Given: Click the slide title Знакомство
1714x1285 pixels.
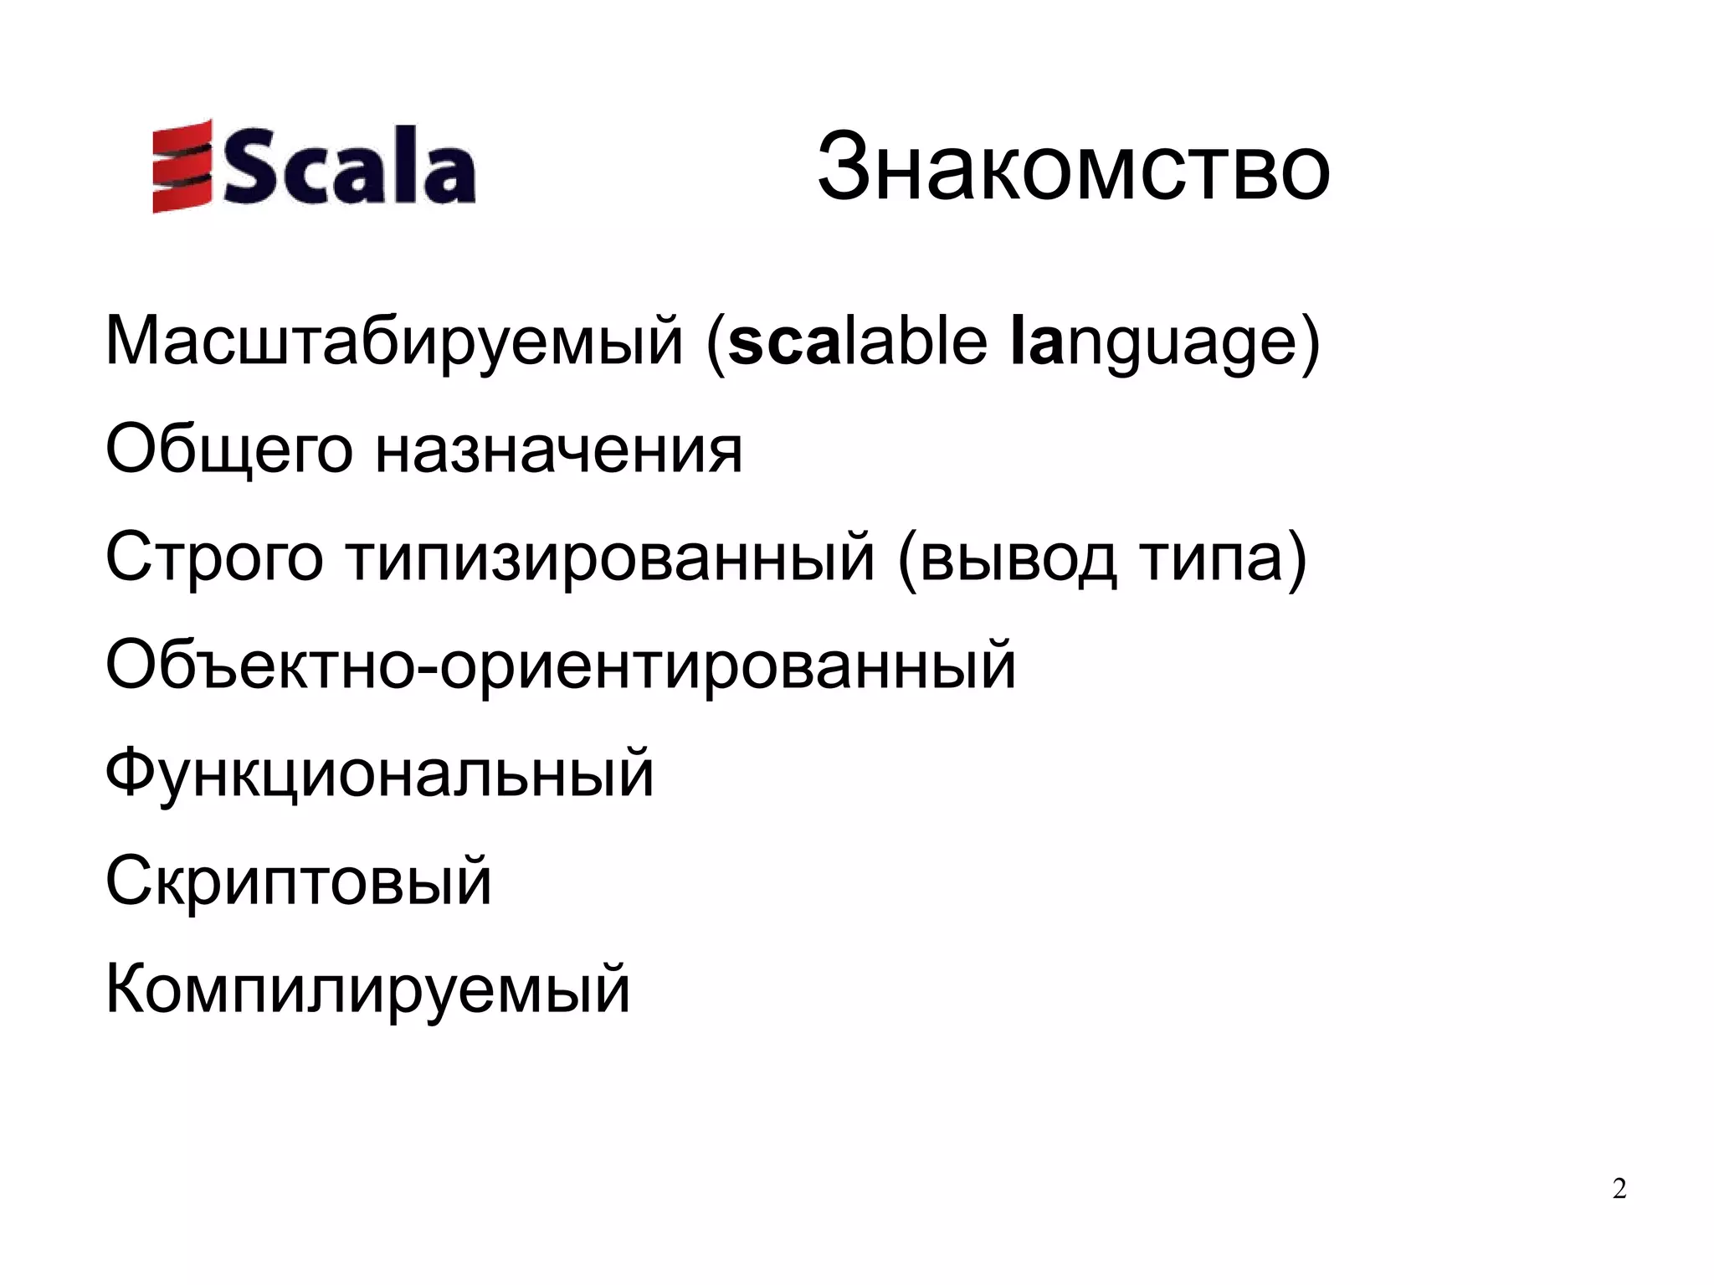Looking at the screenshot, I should pyautogui.click(x=1073, y=167).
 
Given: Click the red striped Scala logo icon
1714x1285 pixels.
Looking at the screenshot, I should pyautogui.click(x=181, y=167).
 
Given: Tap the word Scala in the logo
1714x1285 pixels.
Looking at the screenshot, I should pyautogui.click(x=349, y=170).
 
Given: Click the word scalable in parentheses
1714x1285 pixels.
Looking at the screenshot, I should pyautogui.click(x=857, y=342).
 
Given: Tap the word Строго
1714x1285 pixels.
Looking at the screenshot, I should pyautogui.click(x=213, y=559).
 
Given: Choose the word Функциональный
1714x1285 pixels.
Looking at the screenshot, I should pyautogui.click(x=379, y=775).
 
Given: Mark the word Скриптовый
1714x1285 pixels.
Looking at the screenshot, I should pyautogui.click(x=299, y=882).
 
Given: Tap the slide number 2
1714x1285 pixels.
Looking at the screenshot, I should pyautogui.click(x=1619, y=1189).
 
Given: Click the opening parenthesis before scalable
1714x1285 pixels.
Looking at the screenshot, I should pyautogui.click(x=716, y=343).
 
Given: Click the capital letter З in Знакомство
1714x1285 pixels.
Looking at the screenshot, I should pyautogui.click(x=844, y=167).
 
